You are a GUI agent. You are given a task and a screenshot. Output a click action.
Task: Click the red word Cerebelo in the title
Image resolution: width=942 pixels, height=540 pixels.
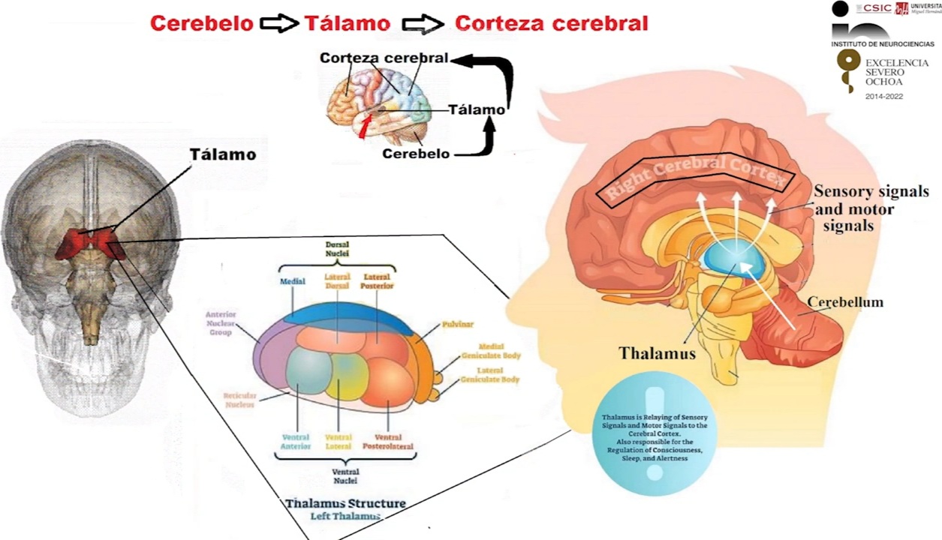pyautogui.click(x=201, y=23)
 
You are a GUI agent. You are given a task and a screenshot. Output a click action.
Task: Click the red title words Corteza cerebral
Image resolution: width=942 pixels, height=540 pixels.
pyautogui.click(x=551, y=23)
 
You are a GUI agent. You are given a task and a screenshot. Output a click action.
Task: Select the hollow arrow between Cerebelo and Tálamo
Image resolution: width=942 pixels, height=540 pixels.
pyautogui.click(x=279, y=24)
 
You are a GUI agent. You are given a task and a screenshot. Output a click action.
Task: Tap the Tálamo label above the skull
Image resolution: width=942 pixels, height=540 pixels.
pyautogui.click(x=222, y=155)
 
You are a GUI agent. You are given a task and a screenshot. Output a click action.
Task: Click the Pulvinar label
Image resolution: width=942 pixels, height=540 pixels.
pyautogui.click(x=457, y=325)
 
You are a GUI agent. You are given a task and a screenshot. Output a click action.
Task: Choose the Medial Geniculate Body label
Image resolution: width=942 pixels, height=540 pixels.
pyautogui.click(x=491, y=351)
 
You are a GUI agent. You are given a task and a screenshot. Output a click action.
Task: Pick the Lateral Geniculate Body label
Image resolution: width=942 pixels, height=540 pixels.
pyautogui.click(x=491, y=375)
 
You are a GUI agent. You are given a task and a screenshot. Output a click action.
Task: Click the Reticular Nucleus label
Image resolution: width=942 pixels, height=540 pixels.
pyautogui.click(x=239, y=399)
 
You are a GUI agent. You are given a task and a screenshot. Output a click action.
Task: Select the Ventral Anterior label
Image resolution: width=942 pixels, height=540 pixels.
pyautogui.click(x=296, y=442)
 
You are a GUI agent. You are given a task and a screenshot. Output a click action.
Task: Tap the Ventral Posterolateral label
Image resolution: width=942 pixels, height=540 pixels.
pyautogui.click(x=387, y=442)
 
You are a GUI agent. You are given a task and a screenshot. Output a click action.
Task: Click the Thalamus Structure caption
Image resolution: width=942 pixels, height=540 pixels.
pyautogui.click(x=345, y=503)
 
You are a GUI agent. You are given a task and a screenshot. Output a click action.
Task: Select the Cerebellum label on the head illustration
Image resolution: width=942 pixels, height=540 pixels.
pyautogui.click(x=845, y=302)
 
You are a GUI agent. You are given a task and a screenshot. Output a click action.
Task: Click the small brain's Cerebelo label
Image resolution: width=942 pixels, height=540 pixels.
pyautogui.click(x=416, y=154)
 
